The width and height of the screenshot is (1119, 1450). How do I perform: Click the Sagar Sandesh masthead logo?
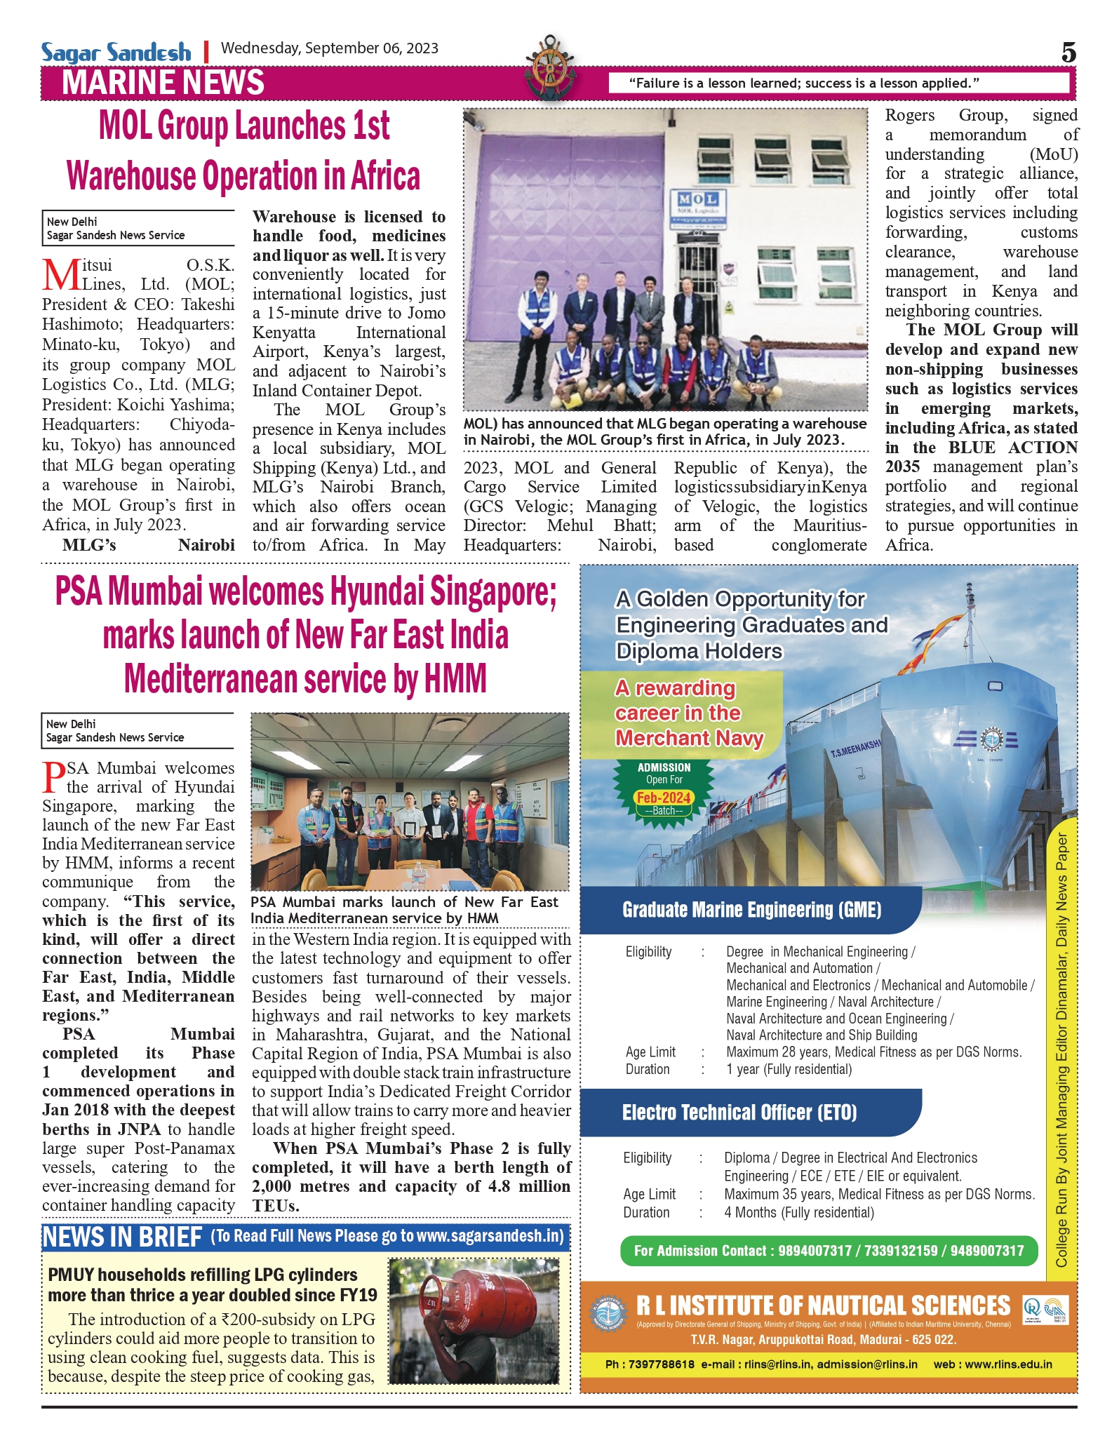coord(116,52)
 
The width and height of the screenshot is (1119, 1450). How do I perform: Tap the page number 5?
coord(1068,53)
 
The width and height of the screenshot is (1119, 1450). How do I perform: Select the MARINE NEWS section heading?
coord(163,83)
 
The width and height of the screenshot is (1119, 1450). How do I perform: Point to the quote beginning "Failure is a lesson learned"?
coord(803,83)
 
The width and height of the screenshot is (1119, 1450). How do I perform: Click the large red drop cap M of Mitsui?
coord(61,276)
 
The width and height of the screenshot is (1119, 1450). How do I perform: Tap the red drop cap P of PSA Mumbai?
coord(54,777)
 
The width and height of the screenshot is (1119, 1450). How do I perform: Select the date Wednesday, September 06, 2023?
coord(330,48)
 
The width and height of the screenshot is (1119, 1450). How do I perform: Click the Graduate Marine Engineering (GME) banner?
coord(751,910)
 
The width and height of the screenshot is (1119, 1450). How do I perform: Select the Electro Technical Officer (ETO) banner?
coord(739,1113)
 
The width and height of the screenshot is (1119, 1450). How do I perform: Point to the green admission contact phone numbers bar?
coord(829,1251)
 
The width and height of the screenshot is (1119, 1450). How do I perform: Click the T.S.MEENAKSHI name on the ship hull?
coord(855,749)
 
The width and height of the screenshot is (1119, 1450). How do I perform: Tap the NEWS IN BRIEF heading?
coord(122,1237)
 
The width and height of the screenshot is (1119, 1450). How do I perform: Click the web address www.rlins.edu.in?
coord(993,1364)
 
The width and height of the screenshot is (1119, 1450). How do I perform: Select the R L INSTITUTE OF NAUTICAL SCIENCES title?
coord(823,1305)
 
